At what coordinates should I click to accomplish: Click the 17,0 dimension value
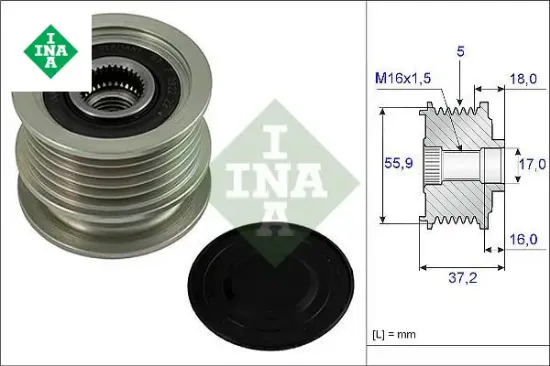531,163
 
